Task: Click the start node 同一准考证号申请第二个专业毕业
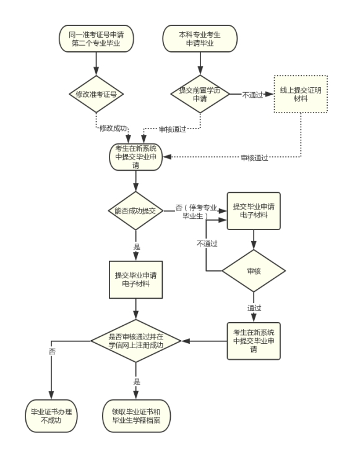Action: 96,39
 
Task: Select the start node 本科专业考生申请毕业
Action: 200,39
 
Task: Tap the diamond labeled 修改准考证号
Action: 96,95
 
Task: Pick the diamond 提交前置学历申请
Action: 200,95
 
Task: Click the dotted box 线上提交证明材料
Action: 301,95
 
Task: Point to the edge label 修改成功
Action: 113,129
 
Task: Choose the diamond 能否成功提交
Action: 136,211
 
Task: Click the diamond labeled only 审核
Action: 254,271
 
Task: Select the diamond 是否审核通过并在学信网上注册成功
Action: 136,341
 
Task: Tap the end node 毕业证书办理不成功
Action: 51,416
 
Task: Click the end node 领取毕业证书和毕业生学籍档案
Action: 137,416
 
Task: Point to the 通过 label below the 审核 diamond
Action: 254,308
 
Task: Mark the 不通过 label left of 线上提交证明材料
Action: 252,95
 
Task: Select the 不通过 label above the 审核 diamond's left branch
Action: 207,244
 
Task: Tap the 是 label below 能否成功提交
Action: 137,247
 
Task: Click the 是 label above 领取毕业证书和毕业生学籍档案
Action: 137,382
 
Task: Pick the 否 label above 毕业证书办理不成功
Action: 52,352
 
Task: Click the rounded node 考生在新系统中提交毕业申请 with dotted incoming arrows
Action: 136,157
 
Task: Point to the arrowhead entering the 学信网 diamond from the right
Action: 186,341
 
